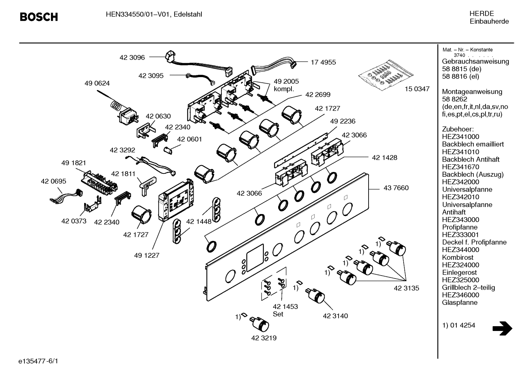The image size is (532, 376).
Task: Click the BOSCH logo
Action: point(39,17)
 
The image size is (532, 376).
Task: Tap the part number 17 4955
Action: point(323,62)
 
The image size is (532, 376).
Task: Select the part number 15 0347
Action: point(417,89)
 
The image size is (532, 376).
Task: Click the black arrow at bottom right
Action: point(502,328)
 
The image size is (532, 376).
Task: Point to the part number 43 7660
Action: point(396,188)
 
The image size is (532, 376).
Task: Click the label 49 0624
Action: point(97,83)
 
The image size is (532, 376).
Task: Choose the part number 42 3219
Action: point(264,338)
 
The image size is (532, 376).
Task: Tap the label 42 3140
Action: point(335,316)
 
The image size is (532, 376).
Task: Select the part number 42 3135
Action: point(406,288)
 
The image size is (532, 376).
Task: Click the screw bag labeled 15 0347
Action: point(386,75)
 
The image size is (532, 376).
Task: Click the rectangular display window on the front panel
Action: point(255,258)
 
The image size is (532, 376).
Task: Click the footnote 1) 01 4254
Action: point(459,325)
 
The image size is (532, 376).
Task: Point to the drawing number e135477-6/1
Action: point(38,361)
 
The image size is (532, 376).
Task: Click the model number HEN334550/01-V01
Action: point(138,14)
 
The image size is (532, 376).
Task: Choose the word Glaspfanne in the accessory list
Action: point(460,303)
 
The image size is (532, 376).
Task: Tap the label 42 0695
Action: point(53,181)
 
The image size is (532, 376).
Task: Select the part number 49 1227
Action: point(146,256)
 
